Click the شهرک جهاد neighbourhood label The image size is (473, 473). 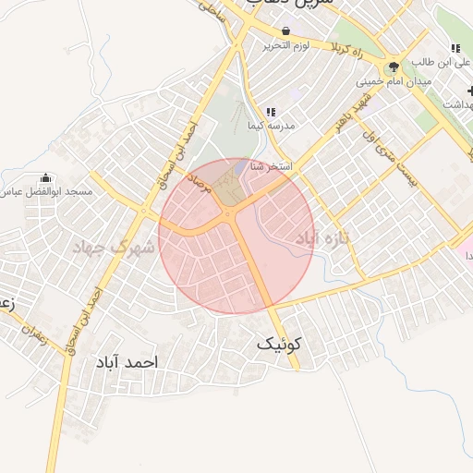tap(111, 248)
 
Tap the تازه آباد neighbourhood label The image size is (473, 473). tap(324, 239)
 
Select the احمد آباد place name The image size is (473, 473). tap(126, 362)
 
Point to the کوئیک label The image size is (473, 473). tap(279, 345)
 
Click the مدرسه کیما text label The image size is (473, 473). tap(271, 125)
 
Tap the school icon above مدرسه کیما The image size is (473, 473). tap(271, 111)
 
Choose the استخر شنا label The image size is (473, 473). tap(271, 167)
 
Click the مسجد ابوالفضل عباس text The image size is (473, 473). tap(46, 191)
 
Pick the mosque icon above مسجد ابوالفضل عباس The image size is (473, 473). tap(46, 177)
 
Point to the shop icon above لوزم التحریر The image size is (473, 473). tap(285, 31)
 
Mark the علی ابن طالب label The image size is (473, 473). tap(435, 62)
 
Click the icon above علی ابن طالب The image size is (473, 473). tap(455, 48)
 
